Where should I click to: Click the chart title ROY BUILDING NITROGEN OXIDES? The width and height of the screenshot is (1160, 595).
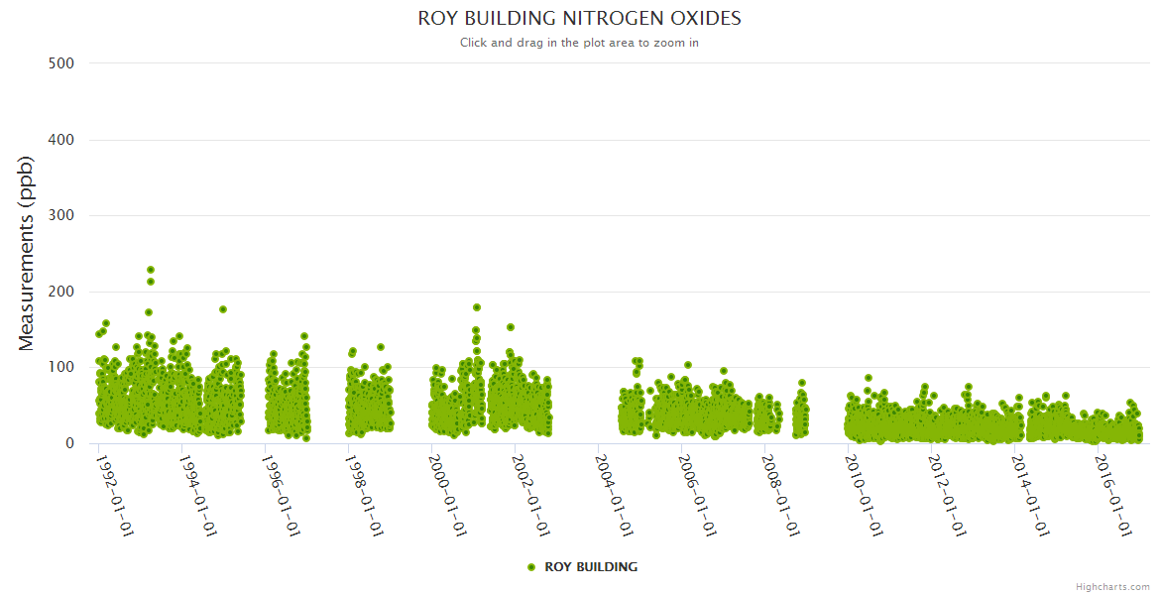(x=579, y=19)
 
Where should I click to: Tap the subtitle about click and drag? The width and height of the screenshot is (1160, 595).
(x=579, y=43)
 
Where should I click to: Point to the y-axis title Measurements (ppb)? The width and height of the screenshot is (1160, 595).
(x=27, y=254)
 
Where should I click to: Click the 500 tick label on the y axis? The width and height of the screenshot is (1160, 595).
(x=61, y=63)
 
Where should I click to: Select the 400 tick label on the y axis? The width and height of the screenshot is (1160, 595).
(x=61, y=140)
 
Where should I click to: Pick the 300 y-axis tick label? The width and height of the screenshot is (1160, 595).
(x=61, y=215)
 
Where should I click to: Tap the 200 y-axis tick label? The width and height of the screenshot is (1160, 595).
(x=61, y=292)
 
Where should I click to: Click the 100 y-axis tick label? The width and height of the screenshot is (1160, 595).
(x=61, y=368)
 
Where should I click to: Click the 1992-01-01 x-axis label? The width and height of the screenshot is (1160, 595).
(x=115, y=495)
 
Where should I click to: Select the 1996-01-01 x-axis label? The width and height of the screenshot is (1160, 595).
(x=282, y=495)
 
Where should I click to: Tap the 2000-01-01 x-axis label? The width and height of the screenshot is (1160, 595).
(x=448, y=495)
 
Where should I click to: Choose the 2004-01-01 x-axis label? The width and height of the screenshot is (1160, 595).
(x=615, y=495)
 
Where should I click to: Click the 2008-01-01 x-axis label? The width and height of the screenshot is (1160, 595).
(x=781, y=495)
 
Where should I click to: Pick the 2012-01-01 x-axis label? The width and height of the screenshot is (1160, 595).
(x=948, y=495)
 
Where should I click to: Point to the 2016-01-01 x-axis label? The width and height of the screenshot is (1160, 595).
(x=1114, y=495)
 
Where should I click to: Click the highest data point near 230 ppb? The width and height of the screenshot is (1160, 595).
(x=151, y=270)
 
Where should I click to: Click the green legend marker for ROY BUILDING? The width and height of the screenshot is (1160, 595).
(x=531, y=567)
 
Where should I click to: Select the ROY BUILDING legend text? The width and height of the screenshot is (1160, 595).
(x=591, y=567)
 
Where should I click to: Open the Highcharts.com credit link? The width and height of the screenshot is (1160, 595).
(x=1112, y=586)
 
